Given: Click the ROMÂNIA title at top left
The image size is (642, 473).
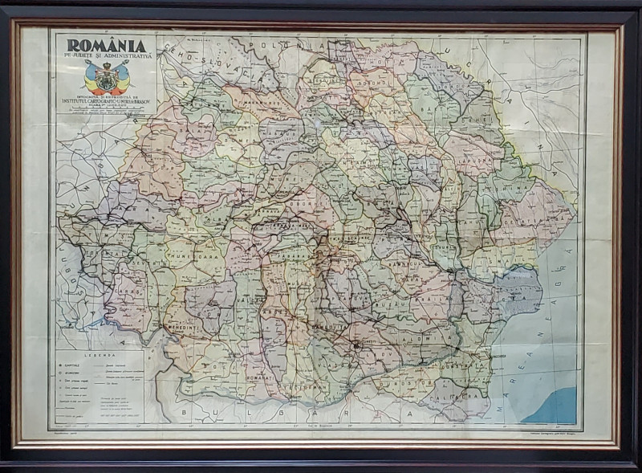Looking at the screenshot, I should point(106,47).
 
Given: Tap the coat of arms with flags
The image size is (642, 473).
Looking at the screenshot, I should point(107,78).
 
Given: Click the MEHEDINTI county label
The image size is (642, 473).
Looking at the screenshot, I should point(185,328).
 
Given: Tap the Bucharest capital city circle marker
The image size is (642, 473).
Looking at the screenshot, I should point(354,346).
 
